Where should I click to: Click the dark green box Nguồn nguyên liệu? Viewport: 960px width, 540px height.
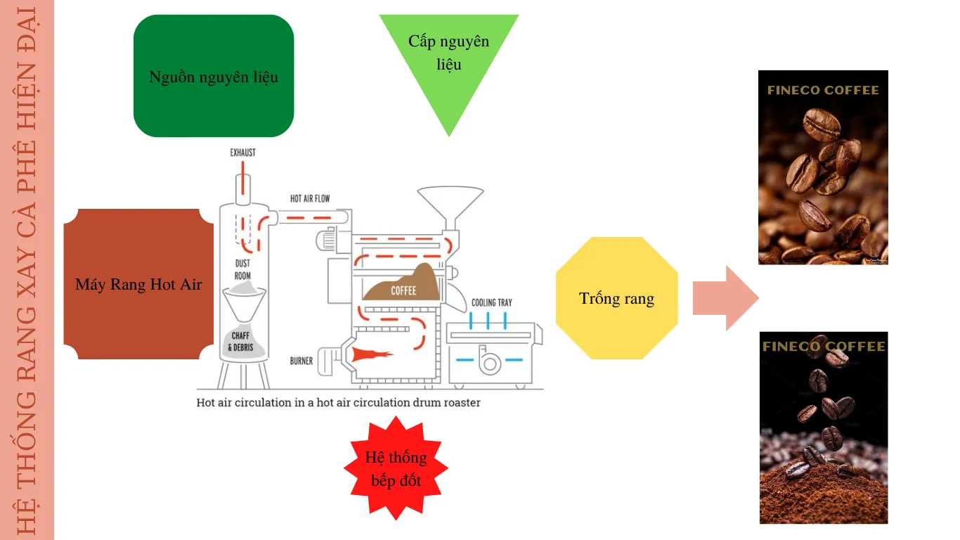[214, 76]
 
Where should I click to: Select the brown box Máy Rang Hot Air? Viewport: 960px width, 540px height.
[138, 284]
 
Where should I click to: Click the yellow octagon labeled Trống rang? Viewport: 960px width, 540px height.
[616, 298]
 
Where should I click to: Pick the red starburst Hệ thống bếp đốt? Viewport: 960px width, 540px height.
[396, 468]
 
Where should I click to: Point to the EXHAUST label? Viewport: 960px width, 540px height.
[242, 153]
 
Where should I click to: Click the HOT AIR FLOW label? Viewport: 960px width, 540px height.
[310, 199]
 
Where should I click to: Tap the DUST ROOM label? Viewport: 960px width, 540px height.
[242, 269]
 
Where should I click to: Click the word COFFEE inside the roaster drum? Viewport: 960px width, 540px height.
[403, 290]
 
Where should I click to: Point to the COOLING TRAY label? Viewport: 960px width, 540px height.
[491, 302]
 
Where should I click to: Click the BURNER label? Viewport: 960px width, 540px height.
[301, 361]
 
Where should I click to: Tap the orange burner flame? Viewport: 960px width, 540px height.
[370, 354]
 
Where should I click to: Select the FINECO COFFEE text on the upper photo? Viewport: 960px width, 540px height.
[823, 91]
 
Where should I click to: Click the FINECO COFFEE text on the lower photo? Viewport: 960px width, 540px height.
[823, 346]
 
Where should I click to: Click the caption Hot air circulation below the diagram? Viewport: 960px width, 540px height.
[338, 403]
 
